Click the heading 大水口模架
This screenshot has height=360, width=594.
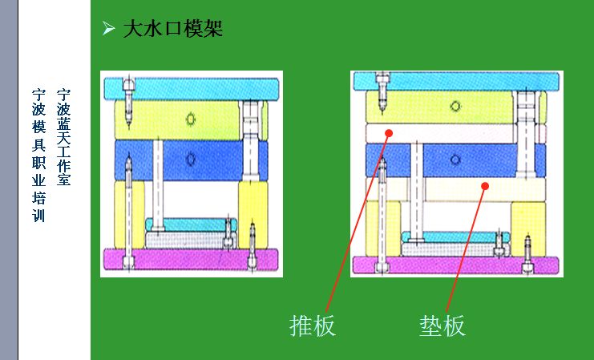click(x=172, y=29)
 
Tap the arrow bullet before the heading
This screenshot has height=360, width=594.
click(x=108, y=28)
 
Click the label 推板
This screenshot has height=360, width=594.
click(x=313, y=326)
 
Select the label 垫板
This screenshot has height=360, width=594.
click(x=442, y=326)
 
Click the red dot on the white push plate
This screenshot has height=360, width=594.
click(x=389, y=133)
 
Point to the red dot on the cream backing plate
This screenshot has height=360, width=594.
click(x=485, y=186)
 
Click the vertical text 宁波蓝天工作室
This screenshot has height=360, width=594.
click(x=63, y=137)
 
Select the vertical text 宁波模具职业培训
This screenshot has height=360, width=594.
click(x=38, y=155)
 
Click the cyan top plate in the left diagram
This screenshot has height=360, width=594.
click(x=192, y=89)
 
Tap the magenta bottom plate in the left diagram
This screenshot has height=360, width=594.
click(x=191, y=259)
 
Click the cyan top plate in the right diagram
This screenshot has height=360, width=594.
click(x=456, y=82)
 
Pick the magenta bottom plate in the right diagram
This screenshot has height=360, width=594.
click(x=456, y=265)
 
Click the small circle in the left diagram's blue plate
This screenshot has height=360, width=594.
click(x=191, y=159)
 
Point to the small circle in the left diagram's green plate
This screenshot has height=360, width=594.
click(x=191, y=119)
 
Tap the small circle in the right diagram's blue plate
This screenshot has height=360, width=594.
click(x=455, y=160)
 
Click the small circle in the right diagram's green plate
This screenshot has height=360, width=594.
click(x=455, y=107)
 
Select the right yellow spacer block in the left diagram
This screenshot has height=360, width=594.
click(x=253, y=215)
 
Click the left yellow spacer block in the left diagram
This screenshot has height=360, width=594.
click(x=129, y=215)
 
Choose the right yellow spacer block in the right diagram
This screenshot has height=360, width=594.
click(x=528, y=229)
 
